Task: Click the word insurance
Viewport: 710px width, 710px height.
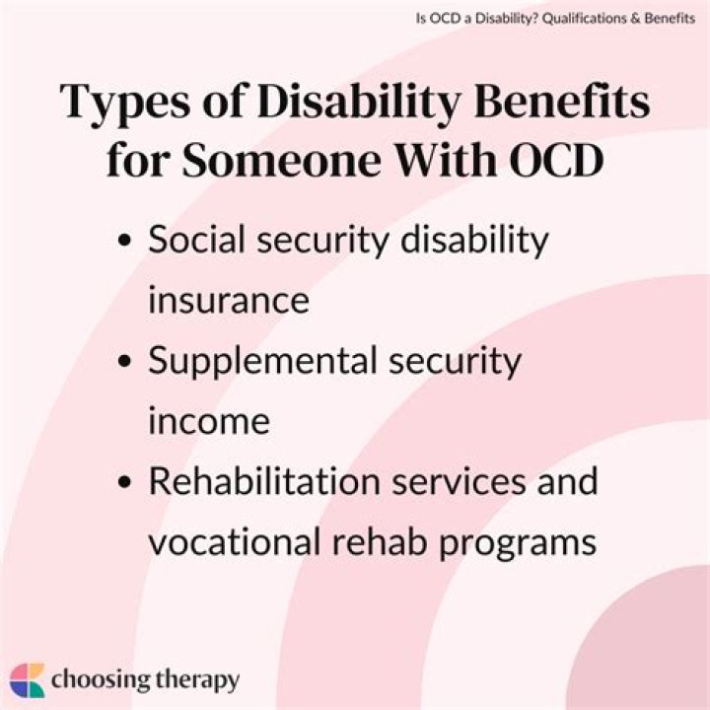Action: [228, 300]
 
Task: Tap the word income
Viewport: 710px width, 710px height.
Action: [208, 421]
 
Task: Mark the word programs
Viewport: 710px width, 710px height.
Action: [526, 543]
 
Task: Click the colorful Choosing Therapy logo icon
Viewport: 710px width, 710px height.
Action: [28, 680]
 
